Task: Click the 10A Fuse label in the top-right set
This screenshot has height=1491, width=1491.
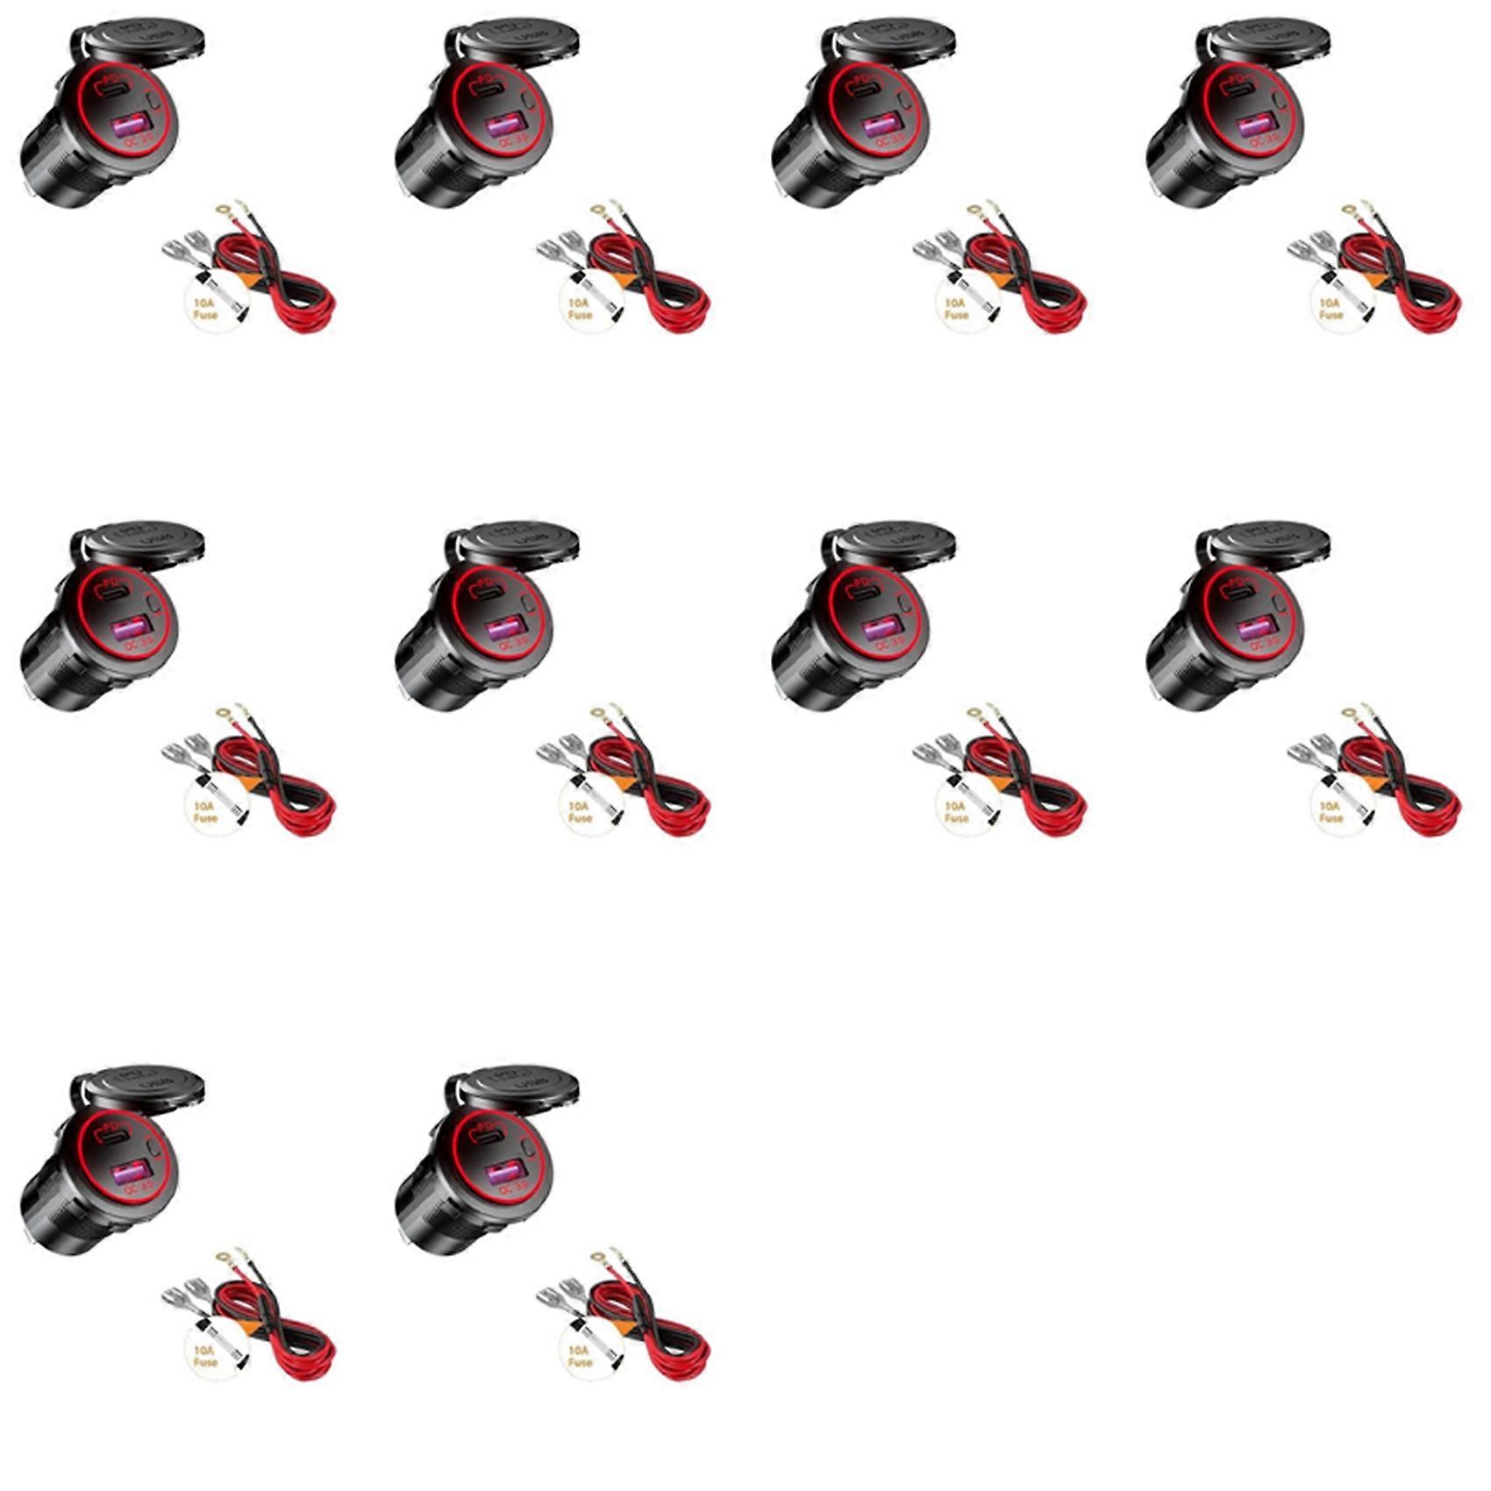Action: coord(1330,308)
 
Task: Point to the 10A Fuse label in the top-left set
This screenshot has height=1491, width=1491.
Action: coord(204,308)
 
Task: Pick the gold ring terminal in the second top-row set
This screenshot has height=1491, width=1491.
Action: coord(598,211)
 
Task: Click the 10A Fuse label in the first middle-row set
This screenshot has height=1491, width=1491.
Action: coord(204,811)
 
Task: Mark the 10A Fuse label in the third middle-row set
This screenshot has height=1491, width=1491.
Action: coord(955,811)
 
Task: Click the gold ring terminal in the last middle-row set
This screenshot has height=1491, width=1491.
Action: coord(1349,712)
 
